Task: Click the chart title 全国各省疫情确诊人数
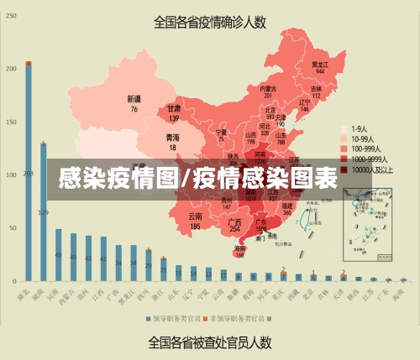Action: (211, 23)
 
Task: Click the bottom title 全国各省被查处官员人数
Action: (210, 342)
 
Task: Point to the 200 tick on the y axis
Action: (11, 69)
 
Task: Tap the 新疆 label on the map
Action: (134, 103)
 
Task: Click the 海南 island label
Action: (240, 250)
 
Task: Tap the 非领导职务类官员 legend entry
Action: (241, 319)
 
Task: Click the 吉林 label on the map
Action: (317, 91)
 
